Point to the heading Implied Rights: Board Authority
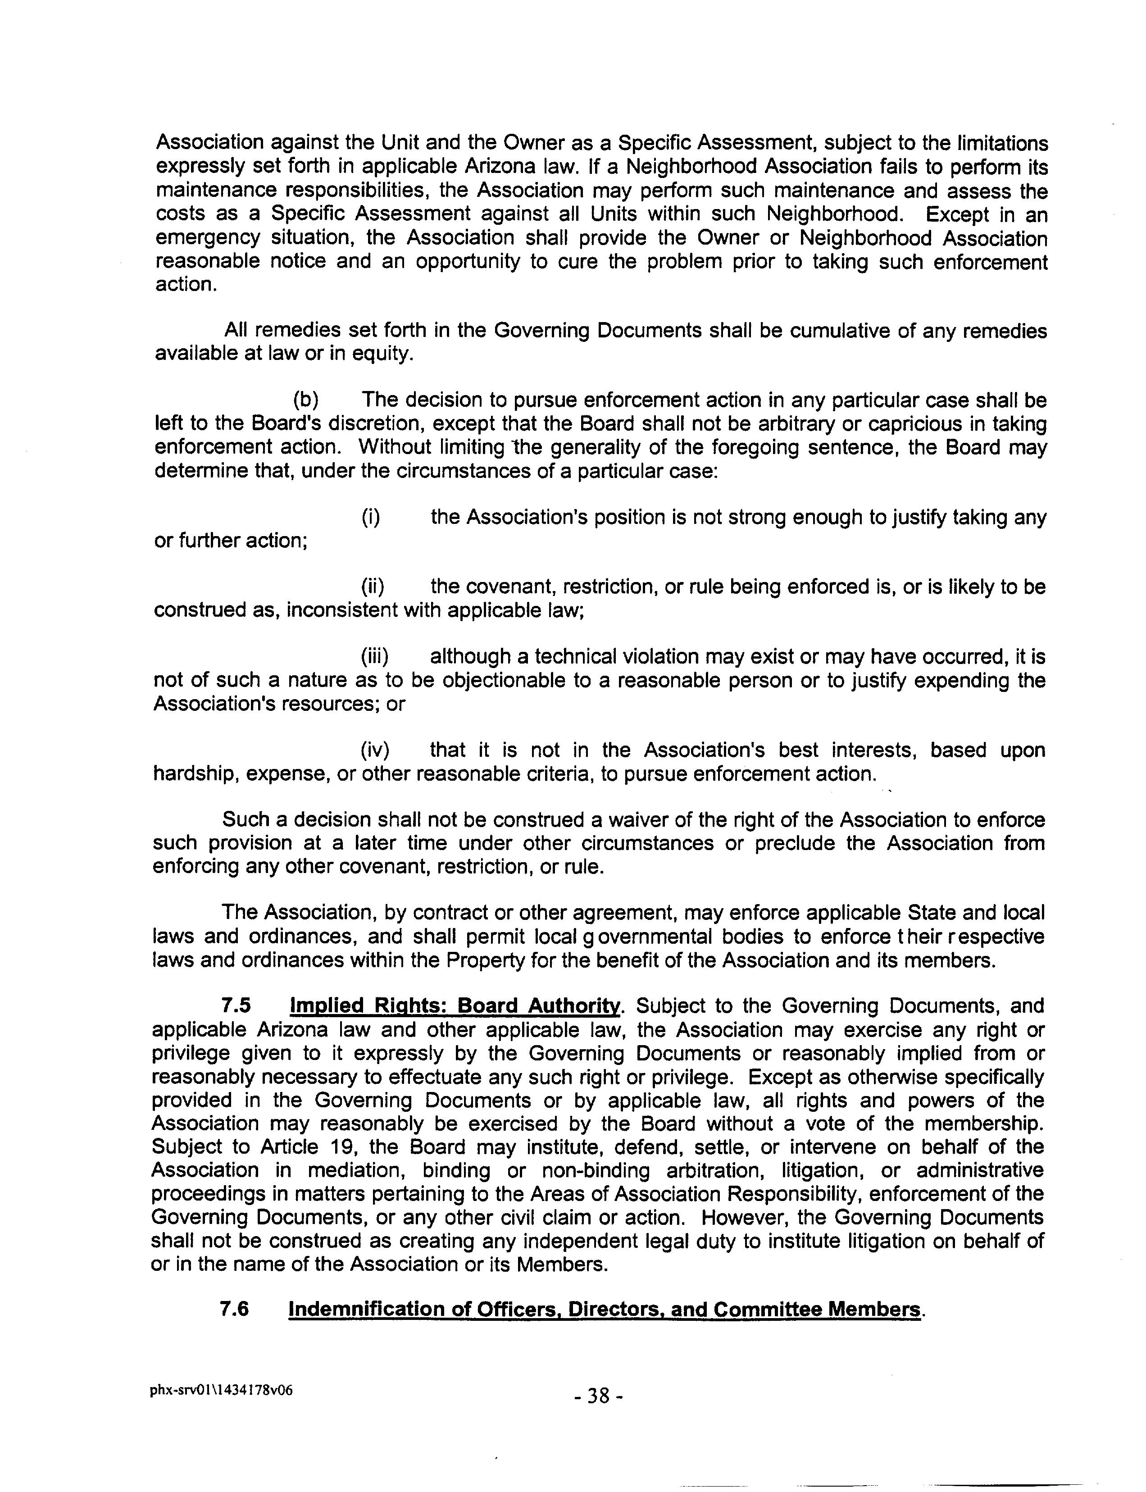click(x=455, y=1005)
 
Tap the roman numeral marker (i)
click(x=370, y=517)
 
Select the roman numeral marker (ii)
click(x=373, y=587)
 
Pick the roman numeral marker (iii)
click(x=374, y=656)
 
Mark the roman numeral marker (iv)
click(x=374, y=750)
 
